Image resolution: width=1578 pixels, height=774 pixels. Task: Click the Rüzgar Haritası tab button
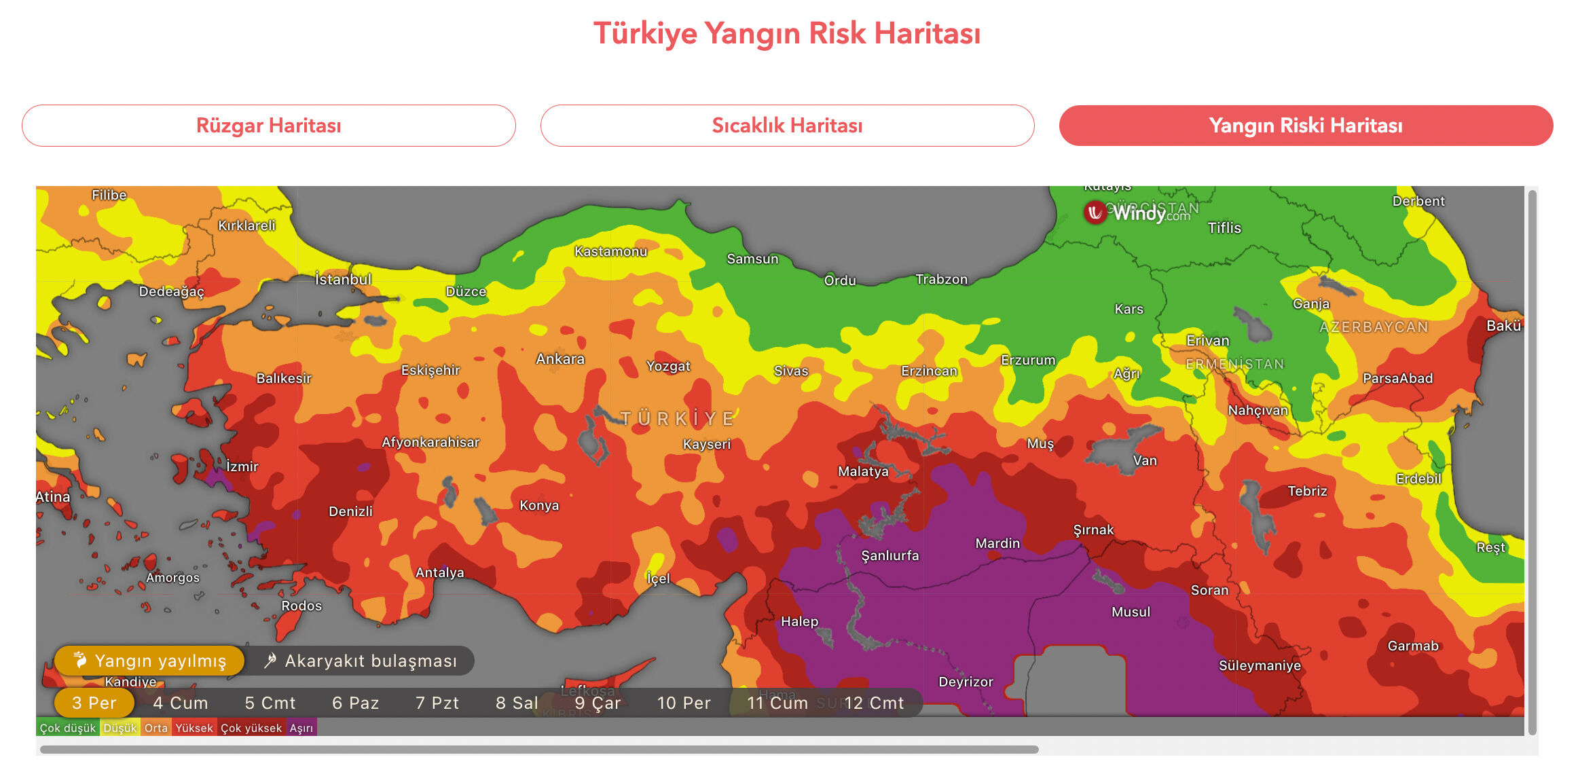(268, 126)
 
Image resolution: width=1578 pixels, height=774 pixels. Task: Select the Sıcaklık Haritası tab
(787, 126)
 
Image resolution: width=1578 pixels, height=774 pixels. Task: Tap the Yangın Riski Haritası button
(1305, 126)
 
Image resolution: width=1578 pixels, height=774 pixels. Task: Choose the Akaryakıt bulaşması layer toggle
(361, 661)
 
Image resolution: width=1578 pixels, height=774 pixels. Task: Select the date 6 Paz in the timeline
(355, 703)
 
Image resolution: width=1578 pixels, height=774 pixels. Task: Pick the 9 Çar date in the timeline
(597, 703)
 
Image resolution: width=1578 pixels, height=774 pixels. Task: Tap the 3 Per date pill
(94, 703)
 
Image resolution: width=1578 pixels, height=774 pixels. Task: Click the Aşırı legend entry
(301, 728)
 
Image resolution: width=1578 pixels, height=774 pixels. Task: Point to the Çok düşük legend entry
(68, 728)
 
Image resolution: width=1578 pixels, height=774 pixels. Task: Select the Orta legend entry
(155, 728)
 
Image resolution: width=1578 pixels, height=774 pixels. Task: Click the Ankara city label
(560, 358)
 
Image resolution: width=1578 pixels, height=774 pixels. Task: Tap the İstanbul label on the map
(343, 279)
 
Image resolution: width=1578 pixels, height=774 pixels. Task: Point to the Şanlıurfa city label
(889, 555)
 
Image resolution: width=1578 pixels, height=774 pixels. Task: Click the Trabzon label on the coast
(941, 279)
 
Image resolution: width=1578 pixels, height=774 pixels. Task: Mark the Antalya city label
(439, 572)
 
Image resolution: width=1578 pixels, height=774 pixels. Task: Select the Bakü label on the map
(1503, 325)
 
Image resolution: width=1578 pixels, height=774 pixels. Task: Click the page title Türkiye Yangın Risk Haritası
(787, 33)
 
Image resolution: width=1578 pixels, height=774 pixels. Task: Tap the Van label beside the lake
(1144, 460)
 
